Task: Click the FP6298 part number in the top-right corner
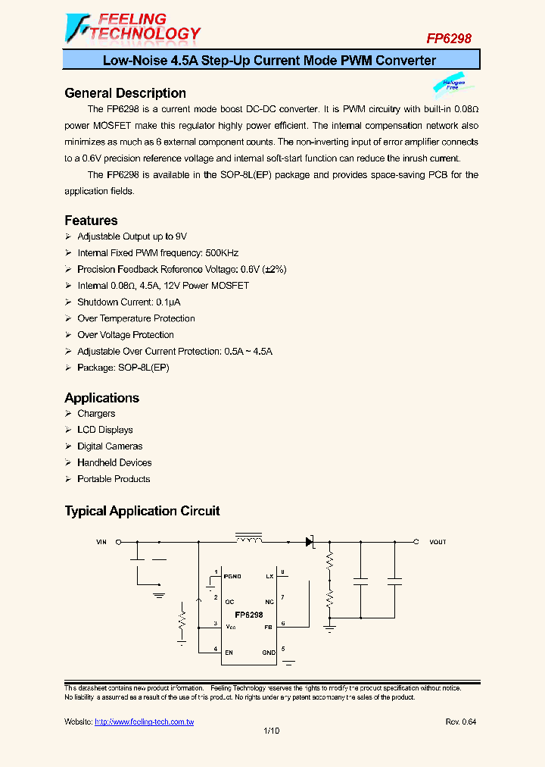tap(448, 38)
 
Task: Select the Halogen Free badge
tap(452, 86)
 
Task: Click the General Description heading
tap(126, 93)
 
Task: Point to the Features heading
tap(91, 221)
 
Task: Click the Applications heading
tap(102, 398)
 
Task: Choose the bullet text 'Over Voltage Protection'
tap(126, 335)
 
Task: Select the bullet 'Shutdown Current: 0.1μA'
tap(126, 302)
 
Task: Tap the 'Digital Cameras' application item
tap(110, 446)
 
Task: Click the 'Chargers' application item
tap(96, 414)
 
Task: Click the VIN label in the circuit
tap(102, 542)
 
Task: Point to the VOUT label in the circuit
tap(438, 542)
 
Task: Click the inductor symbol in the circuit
tap(248, 539)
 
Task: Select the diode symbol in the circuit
tap(309, 542)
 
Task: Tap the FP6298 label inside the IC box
tap(248, 615)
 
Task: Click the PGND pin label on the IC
tap(232, 577)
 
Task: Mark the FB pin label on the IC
tap(268, 626)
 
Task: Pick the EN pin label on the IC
tap(229, 652)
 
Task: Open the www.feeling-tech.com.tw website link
tap(144, 722)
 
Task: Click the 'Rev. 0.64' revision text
tap(460, 722)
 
